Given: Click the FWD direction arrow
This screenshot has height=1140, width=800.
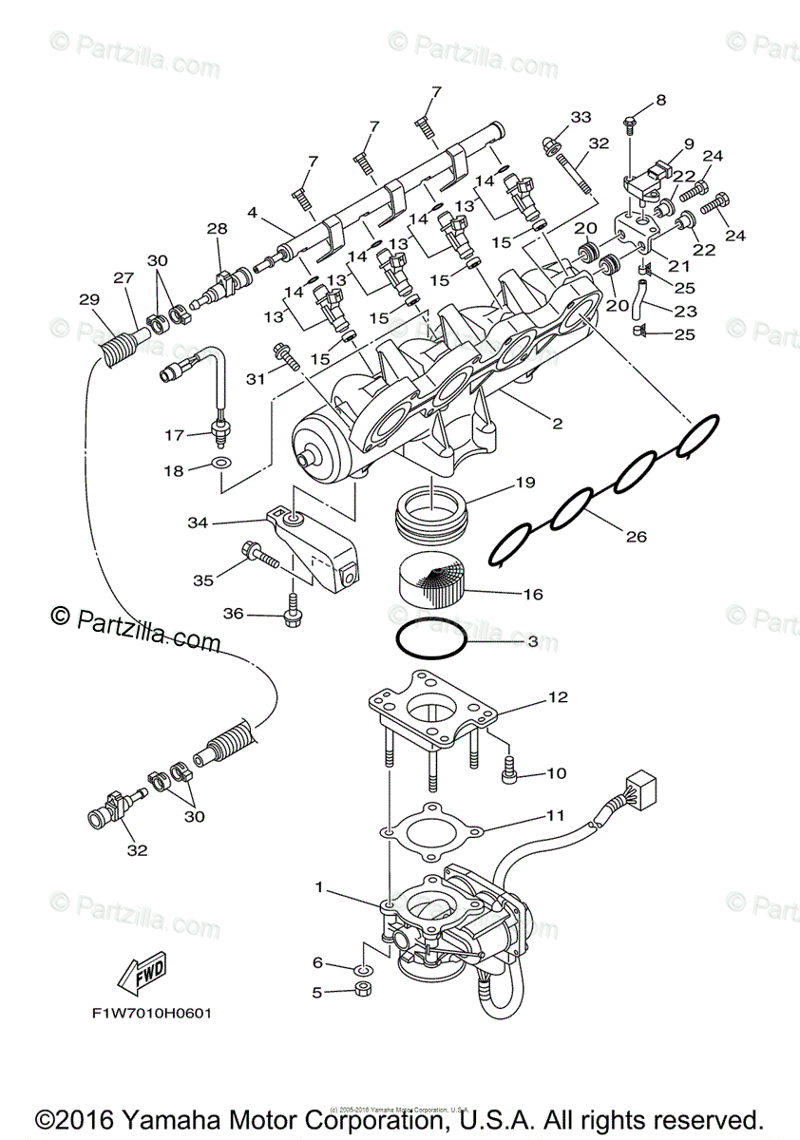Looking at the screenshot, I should pyautogui.click(x=141, y=971).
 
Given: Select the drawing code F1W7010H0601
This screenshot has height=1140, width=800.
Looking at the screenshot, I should pyautogui.click(x=153, y=1013).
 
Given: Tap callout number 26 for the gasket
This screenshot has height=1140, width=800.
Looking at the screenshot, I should pyautogui.click(x=636, y=537).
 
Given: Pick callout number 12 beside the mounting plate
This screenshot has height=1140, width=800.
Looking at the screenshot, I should pyautogui.click(x=557, y=697).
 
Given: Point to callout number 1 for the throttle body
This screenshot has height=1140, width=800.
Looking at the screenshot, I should pyautogui.click(x=320, y=887).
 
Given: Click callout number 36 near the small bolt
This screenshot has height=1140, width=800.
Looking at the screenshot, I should pyautogui.click(x=233, y=615).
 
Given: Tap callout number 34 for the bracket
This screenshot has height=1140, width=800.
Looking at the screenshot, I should pyautogui.click(x=198, y=522).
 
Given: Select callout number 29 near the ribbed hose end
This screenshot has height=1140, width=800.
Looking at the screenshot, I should pyautogui.click(x=89, y=300).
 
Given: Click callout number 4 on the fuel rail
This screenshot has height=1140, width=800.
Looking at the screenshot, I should pyautogui.click(x=252, y=214).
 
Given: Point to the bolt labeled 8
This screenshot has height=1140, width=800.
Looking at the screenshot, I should pyautogui.click(x=631, y=122).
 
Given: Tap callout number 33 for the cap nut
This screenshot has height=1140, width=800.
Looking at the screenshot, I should pyautogui.click(x=581, y=117).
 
